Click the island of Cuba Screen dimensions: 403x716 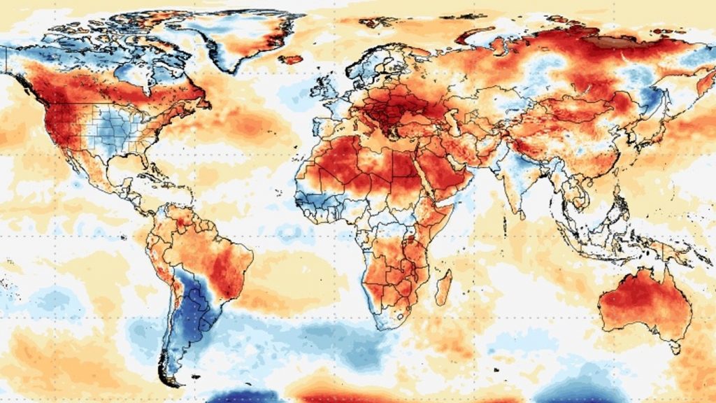pyautogui.click(x=157, y=168)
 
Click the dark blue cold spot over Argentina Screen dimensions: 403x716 pyautogui.click(x=193, y=308)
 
